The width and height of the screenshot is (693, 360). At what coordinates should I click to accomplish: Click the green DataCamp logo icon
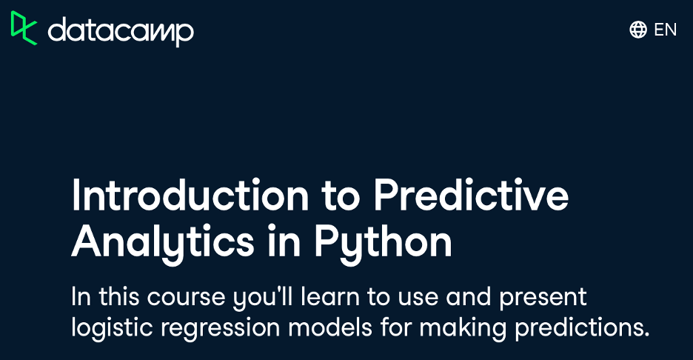pos(24,28)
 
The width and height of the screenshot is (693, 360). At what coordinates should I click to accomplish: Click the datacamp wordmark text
pos(121,31)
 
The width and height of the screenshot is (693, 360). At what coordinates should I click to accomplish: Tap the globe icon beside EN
pos(638,30)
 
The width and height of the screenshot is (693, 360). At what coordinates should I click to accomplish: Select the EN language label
pos(665,30)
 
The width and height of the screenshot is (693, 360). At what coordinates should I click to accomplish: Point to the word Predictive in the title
pos(471,195)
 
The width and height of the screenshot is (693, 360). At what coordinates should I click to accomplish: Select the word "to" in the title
pos(341,197)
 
